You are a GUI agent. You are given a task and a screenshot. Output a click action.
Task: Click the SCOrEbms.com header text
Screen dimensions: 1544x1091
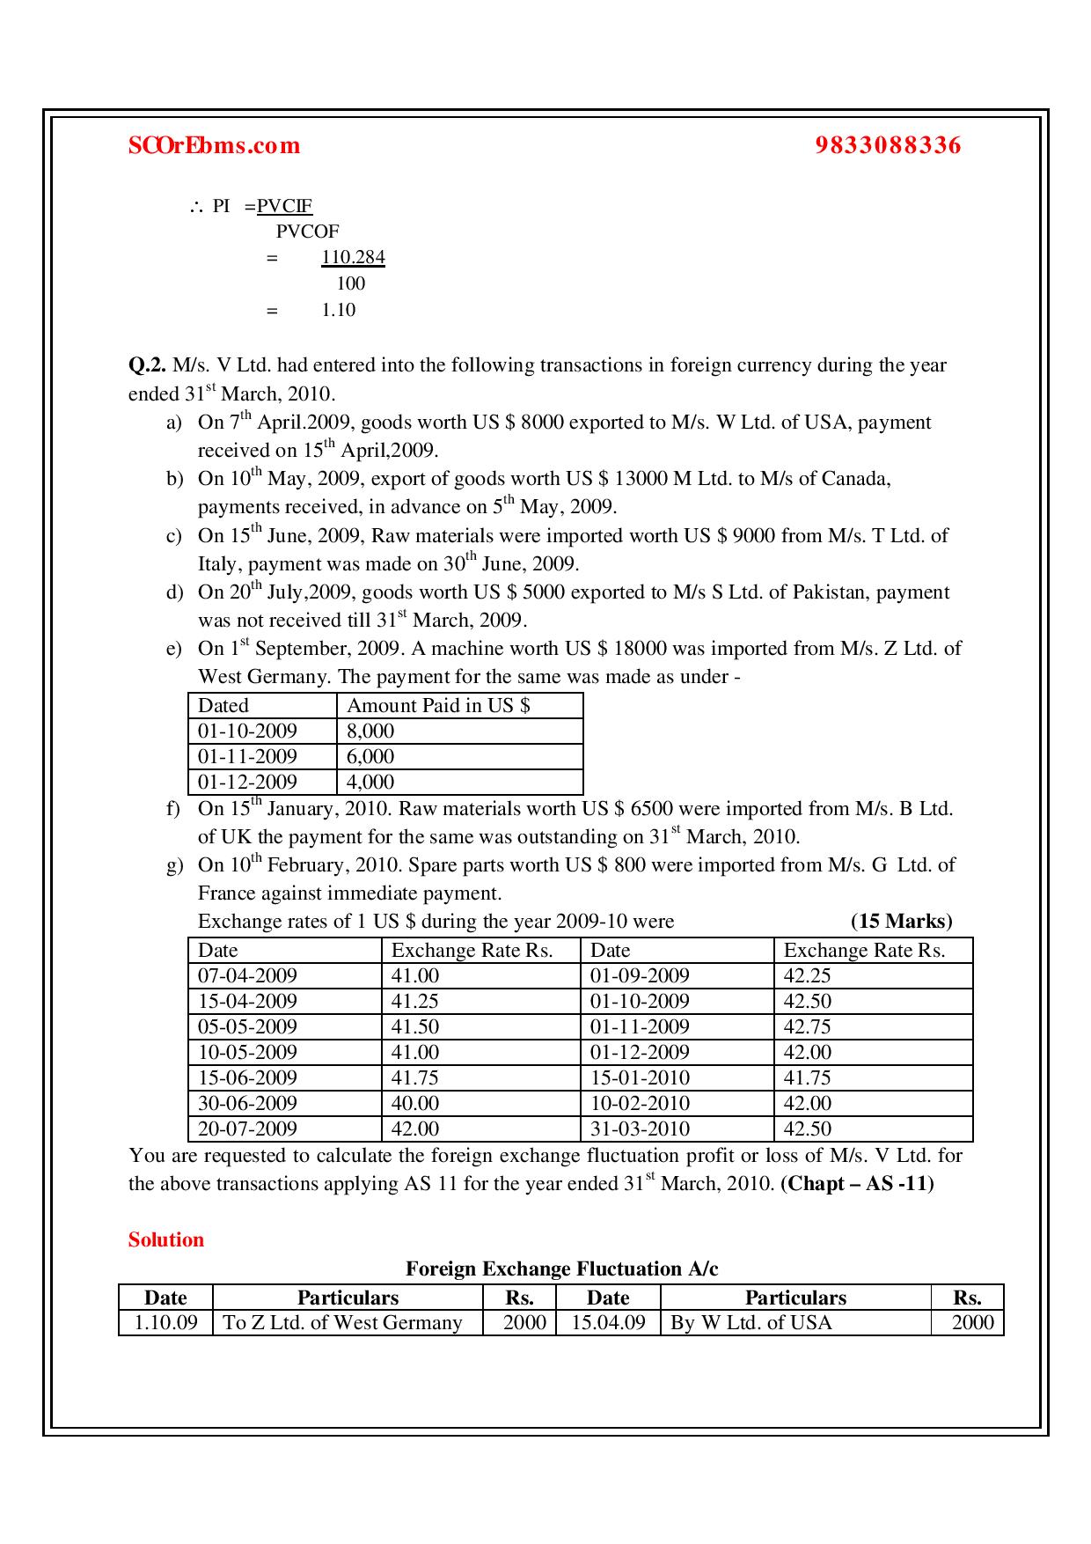click(x=214, y=145)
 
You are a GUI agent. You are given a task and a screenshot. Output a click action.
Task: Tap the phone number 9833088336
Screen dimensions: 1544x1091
click(x=888, y=145)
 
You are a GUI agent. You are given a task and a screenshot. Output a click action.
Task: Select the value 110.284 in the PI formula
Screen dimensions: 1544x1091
click(x=353, y=258)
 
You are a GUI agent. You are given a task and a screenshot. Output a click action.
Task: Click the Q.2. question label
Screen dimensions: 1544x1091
click(x=147, y=365)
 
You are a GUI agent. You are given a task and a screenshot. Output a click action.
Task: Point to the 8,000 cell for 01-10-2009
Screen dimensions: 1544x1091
click(x=370, y=732)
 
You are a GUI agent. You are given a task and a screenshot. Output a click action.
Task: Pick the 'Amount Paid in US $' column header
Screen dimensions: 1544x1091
click(x=438, y=706)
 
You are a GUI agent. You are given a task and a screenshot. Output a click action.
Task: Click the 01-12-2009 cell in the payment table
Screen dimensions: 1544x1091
click(x=247, y=783)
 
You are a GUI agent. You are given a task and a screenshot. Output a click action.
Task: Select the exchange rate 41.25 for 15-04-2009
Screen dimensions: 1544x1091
click(x=414, y=1002)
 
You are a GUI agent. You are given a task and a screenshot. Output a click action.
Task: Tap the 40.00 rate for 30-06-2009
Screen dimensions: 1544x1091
click(x=414, y=1104)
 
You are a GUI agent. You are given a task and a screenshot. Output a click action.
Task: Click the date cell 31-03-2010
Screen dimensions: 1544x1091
click(x=640, y=1129)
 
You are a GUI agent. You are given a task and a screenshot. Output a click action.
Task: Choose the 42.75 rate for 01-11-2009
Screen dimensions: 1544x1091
click(x=807, y=1027)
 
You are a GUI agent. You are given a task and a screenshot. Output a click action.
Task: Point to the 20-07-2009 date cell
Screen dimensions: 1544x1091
click(x=247, y=1129)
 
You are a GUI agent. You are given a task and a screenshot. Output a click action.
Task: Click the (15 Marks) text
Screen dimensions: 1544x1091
click(x=901, y=922)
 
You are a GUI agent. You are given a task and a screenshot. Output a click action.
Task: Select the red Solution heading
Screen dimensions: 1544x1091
click(x=166, y=1240)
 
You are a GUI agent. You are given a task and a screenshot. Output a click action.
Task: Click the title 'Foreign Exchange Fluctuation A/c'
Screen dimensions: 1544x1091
click(x=561, y=1269)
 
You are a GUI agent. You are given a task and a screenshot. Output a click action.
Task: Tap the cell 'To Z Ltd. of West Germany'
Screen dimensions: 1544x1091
click(x=343, y=1324)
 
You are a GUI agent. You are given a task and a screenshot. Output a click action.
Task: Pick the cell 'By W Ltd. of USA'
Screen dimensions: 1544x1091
click(x=751, y=1324)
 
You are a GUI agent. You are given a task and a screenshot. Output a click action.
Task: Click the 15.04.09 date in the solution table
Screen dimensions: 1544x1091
click(x=608, y=1324)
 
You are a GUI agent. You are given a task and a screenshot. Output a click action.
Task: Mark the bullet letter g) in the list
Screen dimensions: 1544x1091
click(x=174, y=866)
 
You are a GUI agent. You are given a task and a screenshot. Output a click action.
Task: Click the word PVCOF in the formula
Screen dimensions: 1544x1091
click(x=307, y=232)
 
